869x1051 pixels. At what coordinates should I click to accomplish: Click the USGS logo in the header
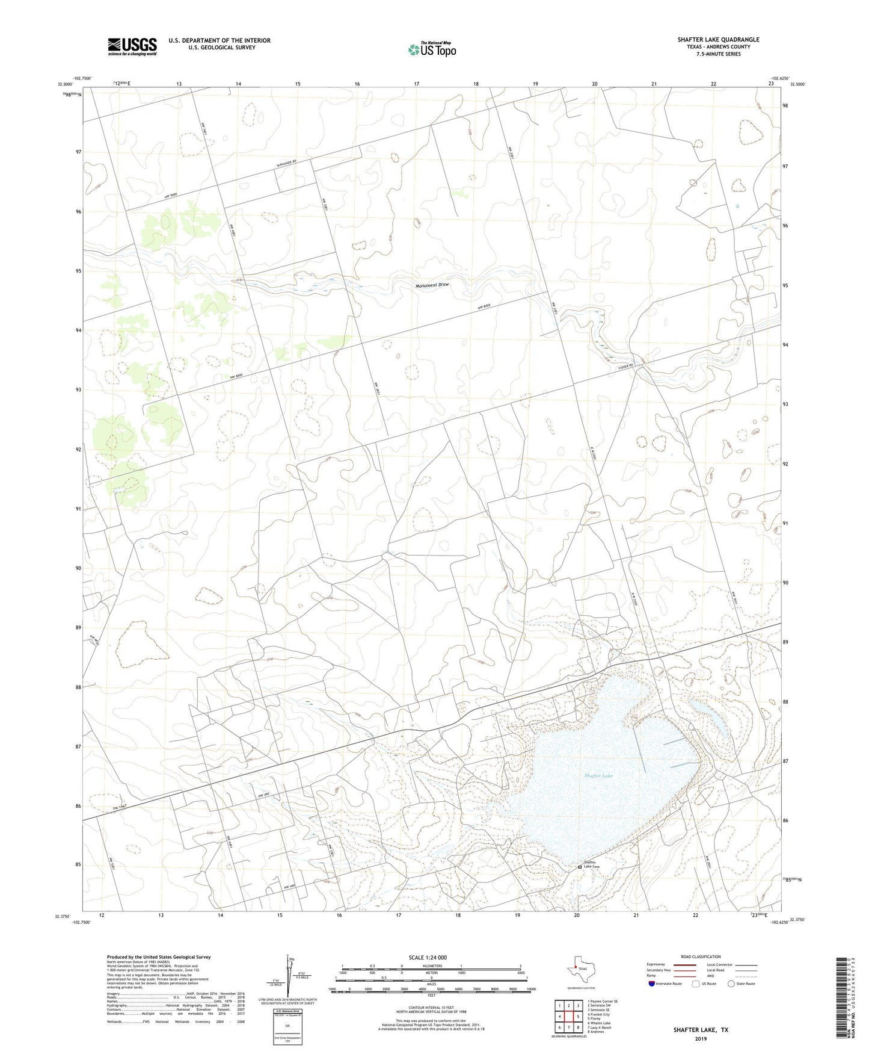pyautogui.click(x=132, y=46)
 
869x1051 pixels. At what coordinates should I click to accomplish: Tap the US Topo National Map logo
pyautogui.click(x=431, y=49)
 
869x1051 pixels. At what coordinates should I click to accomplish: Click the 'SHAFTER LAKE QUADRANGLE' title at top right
pyautogui.click(x=718, y=40)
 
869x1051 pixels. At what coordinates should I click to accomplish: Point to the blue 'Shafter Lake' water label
pyautogui.click(x=598, y=776)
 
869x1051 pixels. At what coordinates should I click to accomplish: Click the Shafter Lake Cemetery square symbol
pyautogui.click(x=580, y=867)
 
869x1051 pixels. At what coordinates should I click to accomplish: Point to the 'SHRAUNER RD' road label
pyautogui.click(x=287, y=163)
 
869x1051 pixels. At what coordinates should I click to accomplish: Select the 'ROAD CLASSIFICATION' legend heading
pyautogui.click(x=701, y=957)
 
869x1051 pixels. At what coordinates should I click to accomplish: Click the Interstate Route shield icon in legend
pyautogui.click(x=652, y=984)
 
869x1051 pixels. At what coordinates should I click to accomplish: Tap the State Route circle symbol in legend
pyautogui.click(x=731, y=984)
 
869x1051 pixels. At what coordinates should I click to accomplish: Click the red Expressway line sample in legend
pyautogui.click(x=681, y=964)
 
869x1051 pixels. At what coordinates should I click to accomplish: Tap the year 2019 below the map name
pyautogui.click(x=701, y=1038)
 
